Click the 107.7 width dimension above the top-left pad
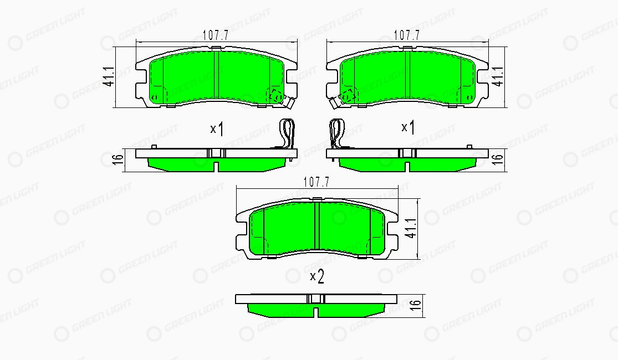click(x=216, y=35)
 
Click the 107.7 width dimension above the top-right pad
click(x=407, y=35)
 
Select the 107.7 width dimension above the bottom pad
click(x=316, y=182)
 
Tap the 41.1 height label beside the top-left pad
click(x=109, y=77)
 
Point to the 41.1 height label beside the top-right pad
click(x=498, y=76)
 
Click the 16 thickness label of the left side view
click(x=118, y=159)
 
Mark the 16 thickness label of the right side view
click(x=498, y=159)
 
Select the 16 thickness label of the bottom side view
click(x=415, y=305)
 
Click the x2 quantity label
click(x=317, y=277)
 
